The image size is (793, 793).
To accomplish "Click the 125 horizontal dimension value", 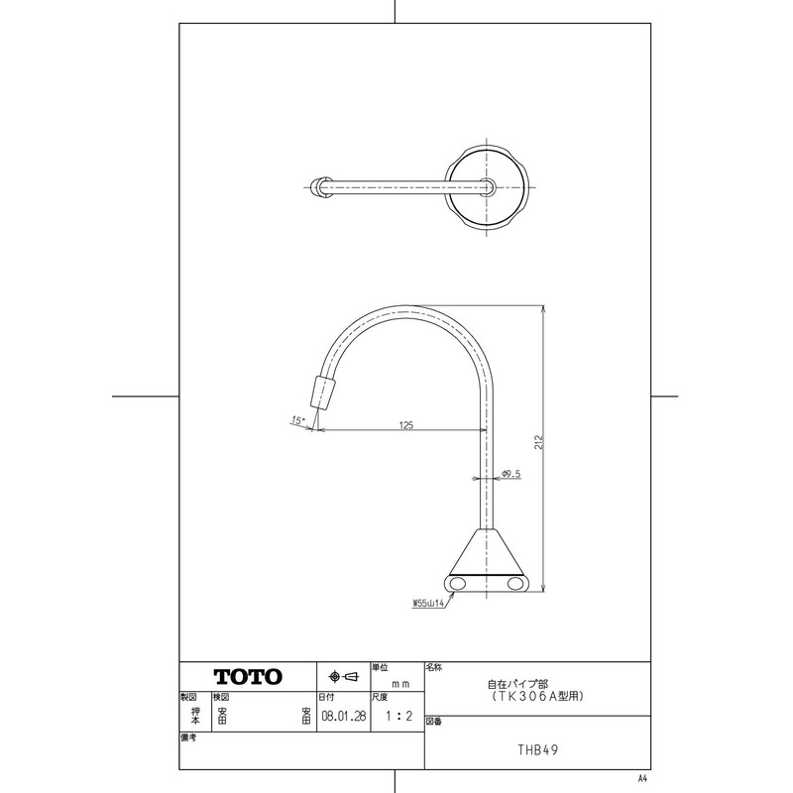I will (406, 424).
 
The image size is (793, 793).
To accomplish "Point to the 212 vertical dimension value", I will (537, 443).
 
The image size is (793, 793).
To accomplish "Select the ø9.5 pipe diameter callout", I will (511, 475).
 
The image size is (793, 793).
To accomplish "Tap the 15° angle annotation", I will (297, 421).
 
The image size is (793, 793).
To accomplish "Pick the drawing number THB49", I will (536, 749).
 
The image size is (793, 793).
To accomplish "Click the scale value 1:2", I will (396, 712).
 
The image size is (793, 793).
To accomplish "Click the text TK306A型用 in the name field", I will (536, 697).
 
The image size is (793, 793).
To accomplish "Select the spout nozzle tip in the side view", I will (323, 393).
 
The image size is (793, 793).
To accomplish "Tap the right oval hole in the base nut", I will (517, 586).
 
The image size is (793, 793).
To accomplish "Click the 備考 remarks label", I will (189, 737).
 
